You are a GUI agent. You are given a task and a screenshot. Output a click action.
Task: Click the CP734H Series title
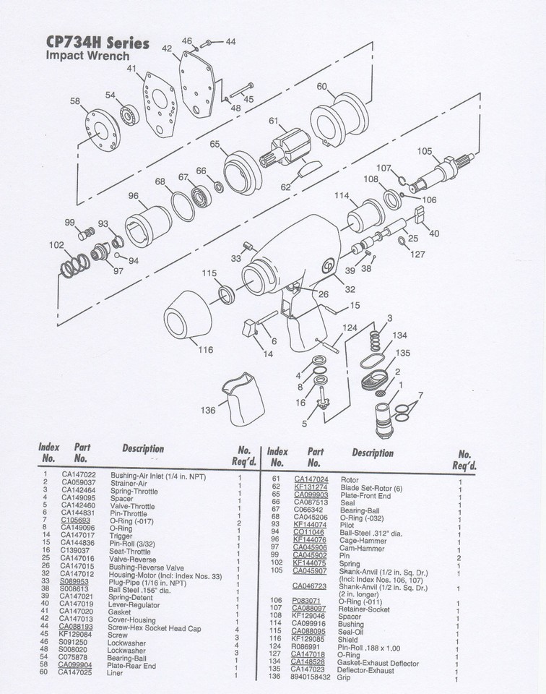click(97, 43)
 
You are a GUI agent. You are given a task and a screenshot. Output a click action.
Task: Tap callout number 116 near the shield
click(206, 350)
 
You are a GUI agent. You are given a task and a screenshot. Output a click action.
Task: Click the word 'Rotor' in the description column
click(350, 479)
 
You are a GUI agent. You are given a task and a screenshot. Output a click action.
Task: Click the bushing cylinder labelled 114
click(365, 213)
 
